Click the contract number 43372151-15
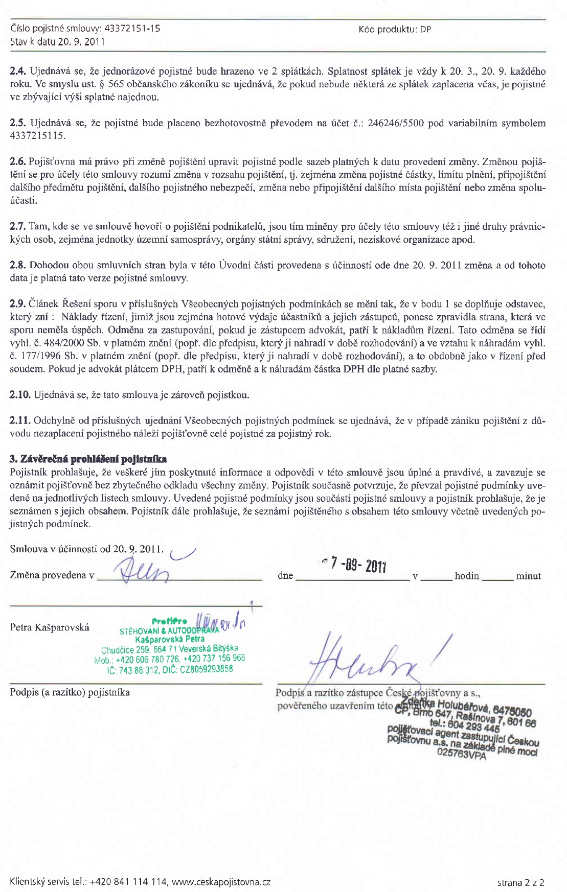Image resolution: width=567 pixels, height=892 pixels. pyautogui.click(x=132, y=29)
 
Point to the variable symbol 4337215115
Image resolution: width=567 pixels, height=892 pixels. pyautogui.click(x=38, y=136)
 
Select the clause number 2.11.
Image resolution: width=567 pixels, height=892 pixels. pyautogui.click(x=20, y=421)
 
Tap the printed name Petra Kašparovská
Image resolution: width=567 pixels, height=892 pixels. pyautogui.click(x=50, y=627)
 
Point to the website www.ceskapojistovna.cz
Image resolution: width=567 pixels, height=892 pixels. pyautogui.click(x=221, y=882)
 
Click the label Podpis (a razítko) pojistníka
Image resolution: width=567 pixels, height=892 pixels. pyautogui.click(x=70, y=692)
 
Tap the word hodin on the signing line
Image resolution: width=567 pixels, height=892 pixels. pyautogui.click(x=466, y=576)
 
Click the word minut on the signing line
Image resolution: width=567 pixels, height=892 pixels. pyautogui.click(x=528, y=576)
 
